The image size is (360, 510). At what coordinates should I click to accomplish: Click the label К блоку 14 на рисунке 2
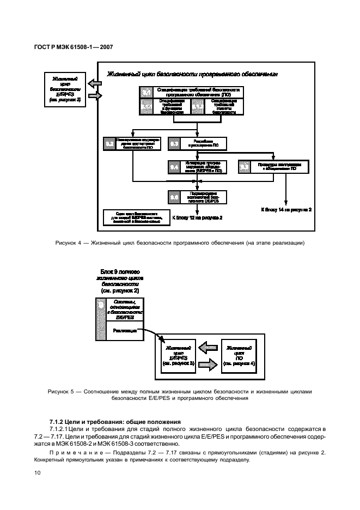pos(286,209)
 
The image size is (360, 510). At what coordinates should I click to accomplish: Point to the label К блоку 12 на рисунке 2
pos(197,217)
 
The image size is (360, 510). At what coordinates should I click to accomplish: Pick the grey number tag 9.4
pos(174,167)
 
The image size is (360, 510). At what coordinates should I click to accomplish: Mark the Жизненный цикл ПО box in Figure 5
pos(239,355)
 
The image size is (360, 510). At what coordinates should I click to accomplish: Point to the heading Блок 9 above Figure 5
pos(120,271)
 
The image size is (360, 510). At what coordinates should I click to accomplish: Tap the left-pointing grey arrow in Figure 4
pos(94,84)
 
